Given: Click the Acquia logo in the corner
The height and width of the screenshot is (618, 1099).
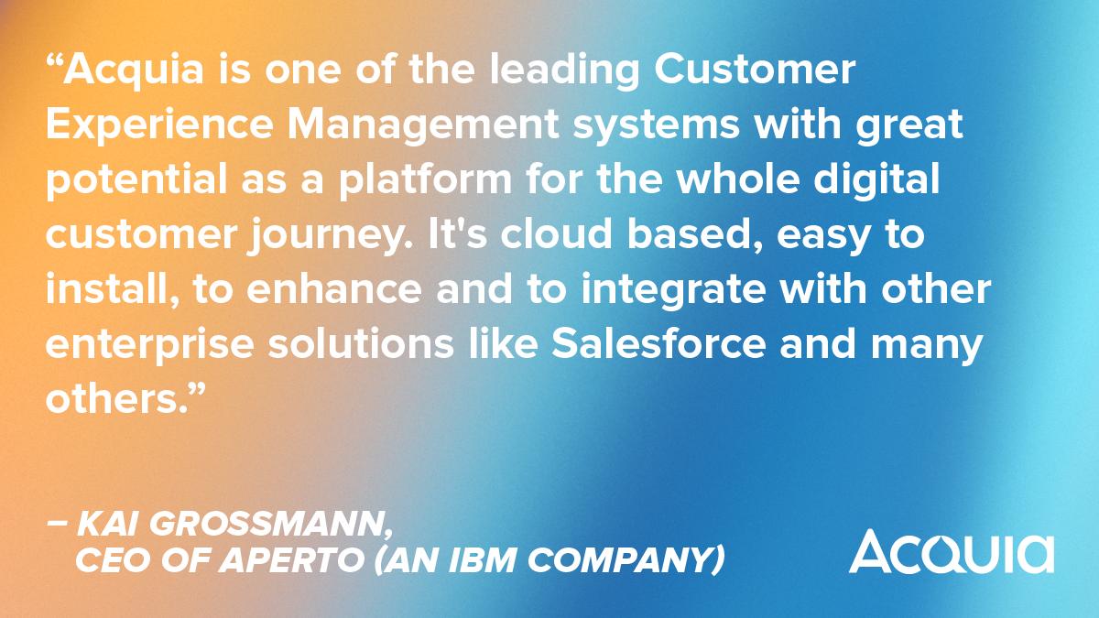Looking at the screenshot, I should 951,549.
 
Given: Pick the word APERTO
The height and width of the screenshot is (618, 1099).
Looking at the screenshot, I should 299,559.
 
